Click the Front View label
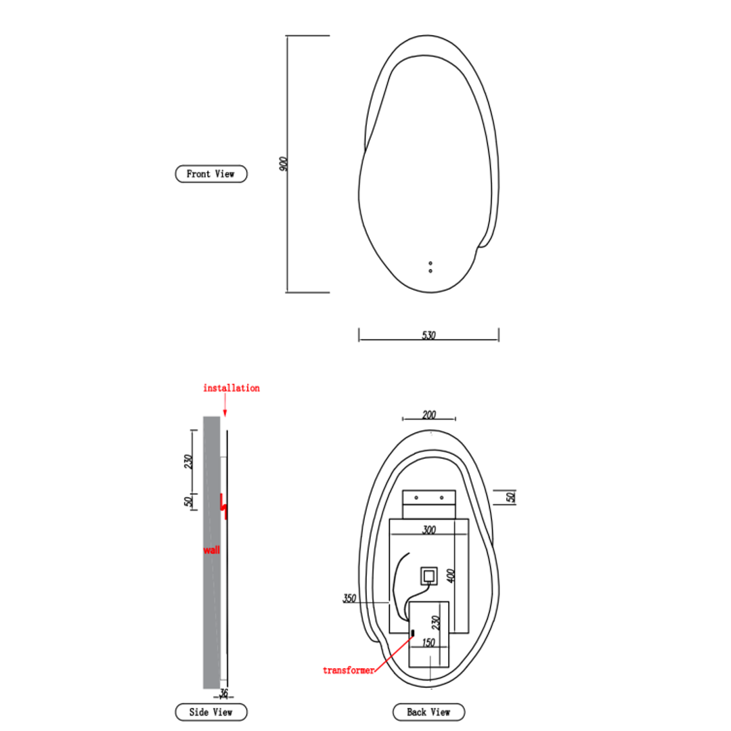point(211,174)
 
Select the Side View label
point(211,712)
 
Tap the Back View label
point(429,712)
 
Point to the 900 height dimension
point(284,163)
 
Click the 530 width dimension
point(428,335)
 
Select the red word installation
point(231,388)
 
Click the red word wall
point(211,550)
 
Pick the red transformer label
point(348,670)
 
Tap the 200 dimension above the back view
point(429,415)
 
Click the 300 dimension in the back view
point(429,530)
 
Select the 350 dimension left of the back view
point(349,598)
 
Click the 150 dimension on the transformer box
point(428,642)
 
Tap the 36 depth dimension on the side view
point(224,692)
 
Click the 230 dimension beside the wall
point(189,461)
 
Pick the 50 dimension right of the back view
point(511,496)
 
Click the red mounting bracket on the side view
point(223,506)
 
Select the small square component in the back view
point(429,576)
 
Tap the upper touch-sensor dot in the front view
point(430,263)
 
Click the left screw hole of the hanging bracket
point(416,497)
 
